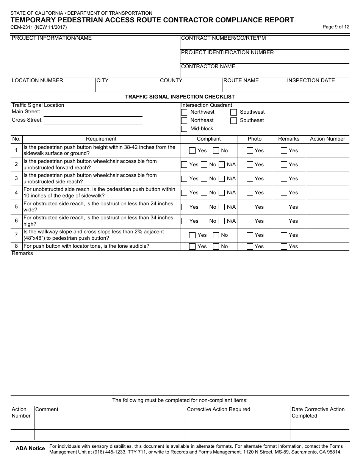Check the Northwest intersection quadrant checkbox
pyautogui.click(x=184, y=112)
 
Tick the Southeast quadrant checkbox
pyautogui.click(x=234, y=120)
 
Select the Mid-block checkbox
pyautogui.click(x=184, y=129)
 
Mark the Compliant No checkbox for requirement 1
pyautogui.click(x=216, y=151)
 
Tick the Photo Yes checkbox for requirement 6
pyautogui.click(x=250, y=221)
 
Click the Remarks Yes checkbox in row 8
pyautogui.click(x=284, y=247)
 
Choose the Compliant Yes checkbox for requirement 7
pyautogui.click(x=192, y=235)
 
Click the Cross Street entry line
pyautogui.click(x=93, y=121)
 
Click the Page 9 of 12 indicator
pyautogui.click(x=336, y=27)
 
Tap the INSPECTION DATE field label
pyautogui.click(x=311, y=80)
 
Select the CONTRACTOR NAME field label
pyautogui.click(x=208, y=66)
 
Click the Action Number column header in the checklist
pyautogui.click(x=327, y=139)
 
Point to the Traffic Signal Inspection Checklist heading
pyautogui.click(x=180, y=97)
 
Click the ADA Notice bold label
pyautogui.click(x=30, y=448)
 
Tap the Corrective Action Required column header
pyautogui.click(x=219, y=409)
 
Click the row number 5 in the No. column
pyautogui.click(x=16, y=207)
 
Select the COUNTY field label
pyautogui.click(x=171, y=80)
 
